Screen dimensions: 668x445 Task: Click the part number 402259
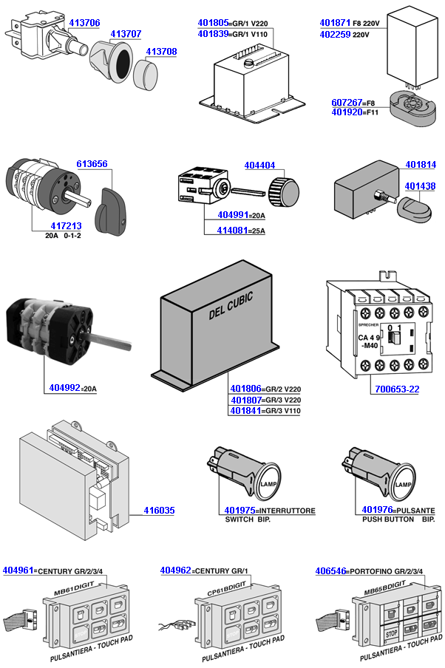point(335,34)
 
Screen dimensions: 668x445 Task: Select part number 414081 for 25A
point(234,230)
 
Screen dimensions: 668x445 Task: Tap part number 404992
point(65,386)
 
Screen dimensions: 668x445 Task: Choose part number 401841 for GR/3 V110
point(245,411)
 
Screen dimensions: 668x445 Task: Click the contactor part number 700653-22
point(394,388)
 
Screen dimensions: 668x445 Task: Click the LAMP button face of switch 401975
point(268,484)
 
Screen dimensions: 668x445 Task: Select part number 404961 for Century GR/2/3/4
point(19,570)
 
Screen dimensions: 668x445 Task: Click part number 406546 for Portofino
point(331,570)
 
